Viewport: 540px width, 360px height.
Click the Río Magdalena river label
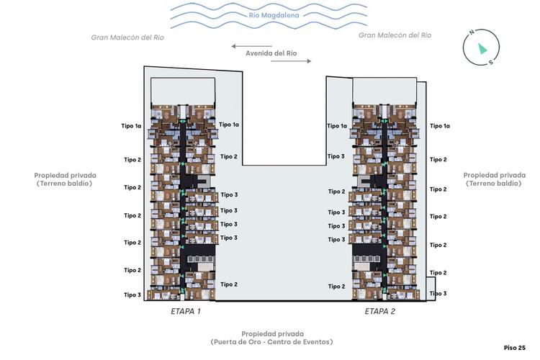[x=274, y=15]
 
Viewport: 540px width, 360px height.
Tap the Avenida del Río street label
[x=271, y=53]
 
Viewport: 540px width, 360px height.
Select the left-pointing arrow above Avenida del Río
[x=251, y=46]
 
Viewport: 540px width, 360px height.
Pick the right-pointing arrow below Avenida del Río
[x=291, y=61]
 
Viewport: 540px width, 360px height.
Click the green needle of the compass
[x=482, y=48]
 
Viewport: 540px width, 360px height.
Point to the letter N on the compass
[x=472, y=32]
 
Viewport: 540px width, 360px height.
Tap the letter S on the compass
[x=491, y=63]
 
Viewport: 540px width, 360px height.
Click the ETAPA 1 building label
[x=186, y=312]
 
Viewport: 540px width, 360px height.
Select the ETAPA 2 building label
[x=380, y=312]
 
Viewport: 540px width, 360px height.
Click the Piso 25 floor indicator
[x=515, y=348]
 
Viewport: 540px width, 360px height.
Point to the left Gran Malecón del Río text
[x=127, y=37]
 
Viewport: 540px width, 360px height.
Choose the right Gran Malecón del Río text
[x=395, y=35]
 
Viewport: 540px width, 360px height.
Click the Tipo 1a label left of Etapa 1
[x=131, y=126]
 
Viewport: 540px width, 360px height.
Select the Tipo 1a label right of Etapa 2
[x=440, y=126]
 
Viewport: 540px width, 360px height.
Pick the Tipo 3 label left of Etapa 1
[x=132, y=295]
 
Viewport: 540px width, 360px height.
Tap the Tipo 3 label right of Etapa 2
[x=438, y=294]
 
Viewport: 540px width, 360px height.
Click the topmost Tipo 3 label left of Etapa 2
[x=336, y=156]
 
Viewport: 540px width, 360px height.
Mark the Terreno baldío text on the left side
[x=64, y=184]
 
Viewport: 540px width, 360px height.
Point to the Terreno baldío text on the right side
[x=494, y=184]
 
